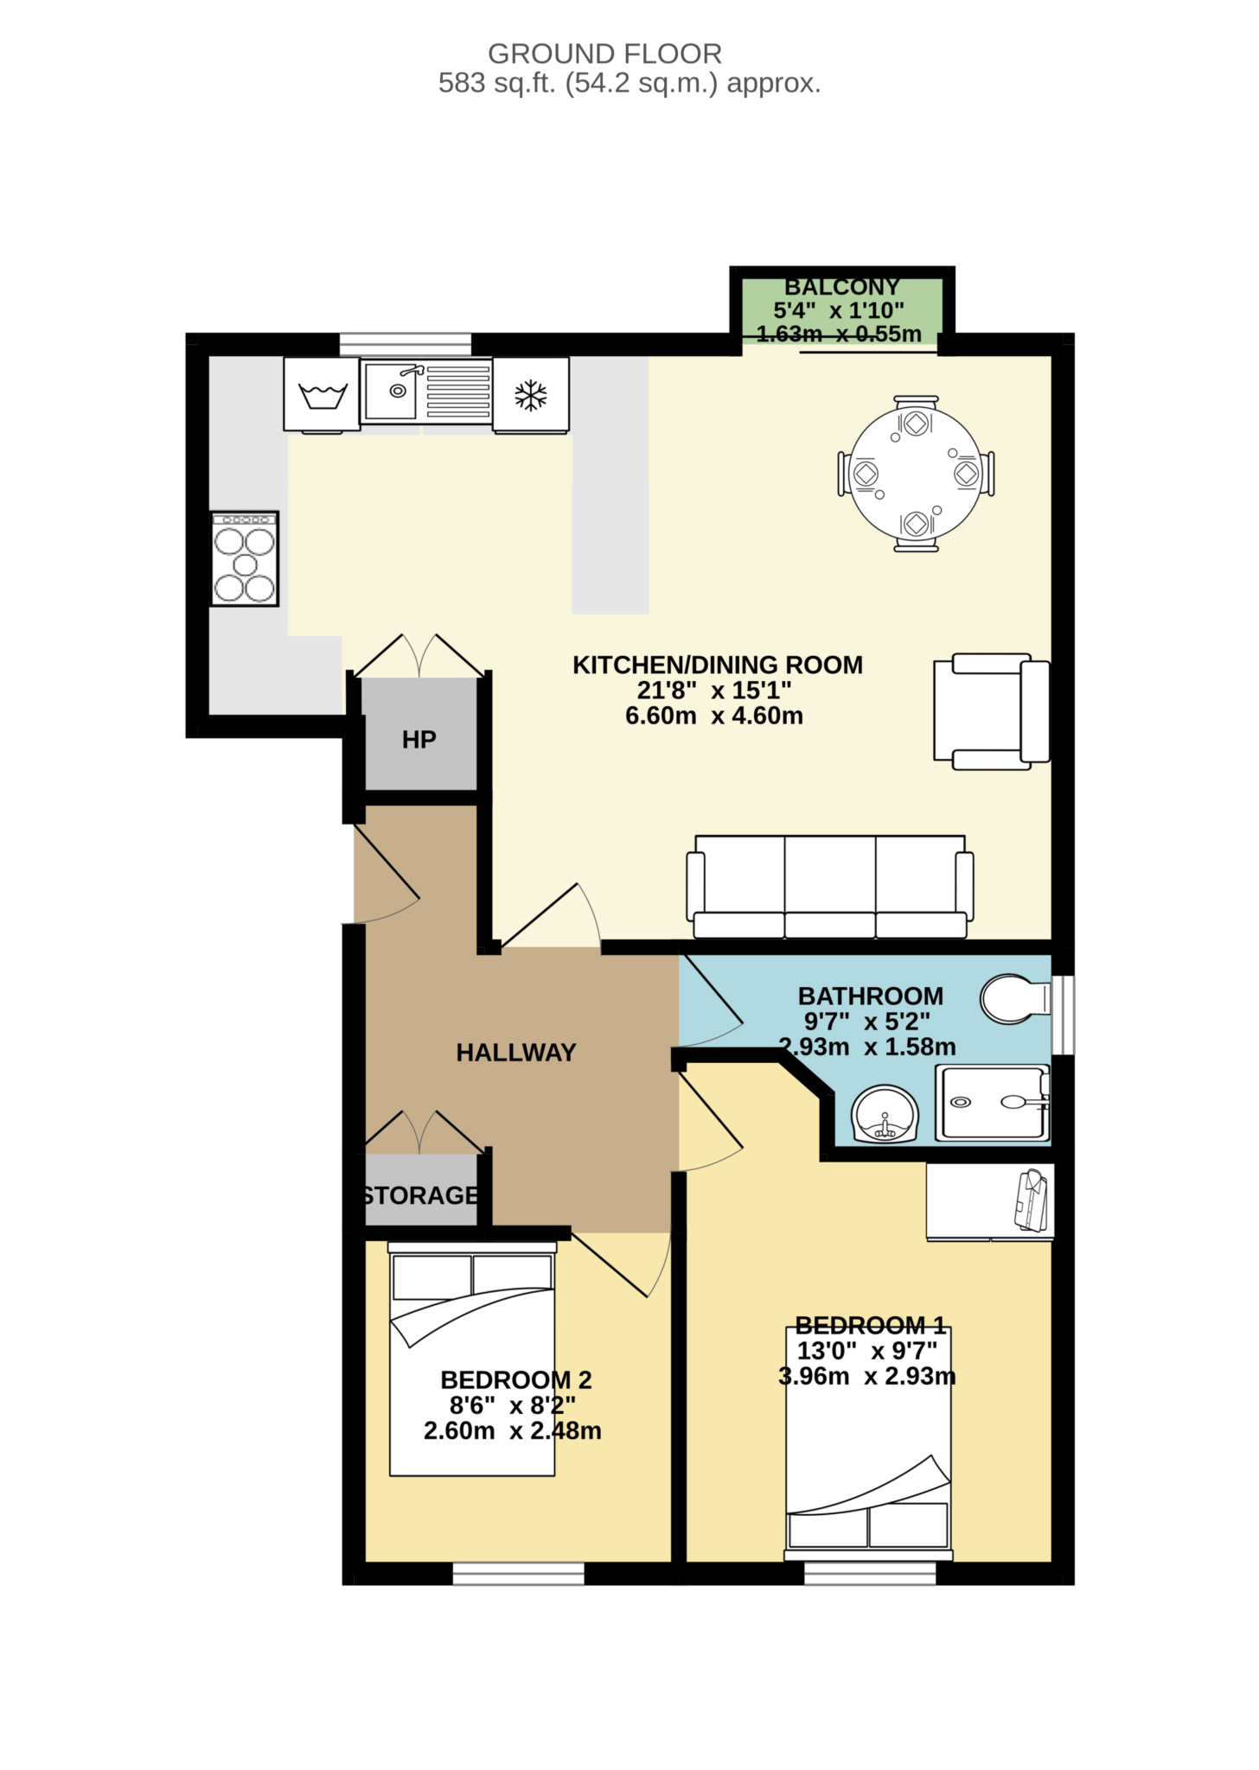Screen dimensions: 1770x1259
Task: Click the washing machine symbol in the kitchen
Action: click(x=323, y=396)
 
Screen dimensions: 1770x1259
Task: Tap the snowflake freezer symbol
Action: click(x=531, y=396)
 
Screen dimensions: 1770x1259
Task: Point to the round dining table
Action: click(x=916, y=474)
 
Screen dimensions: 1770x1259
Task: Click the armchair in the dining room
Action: click(x=992, y=711)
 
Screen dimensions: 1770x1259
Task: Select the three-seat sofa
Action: click(x=830, y=887)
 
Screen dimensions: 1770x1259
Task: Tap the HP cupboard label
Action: click(x=419, y=740)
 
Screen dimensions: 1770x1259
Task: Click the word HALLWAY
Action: click(x=516, y=1053)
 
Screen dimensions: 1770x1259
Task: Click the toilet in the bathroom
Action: click(x=1012, y=999)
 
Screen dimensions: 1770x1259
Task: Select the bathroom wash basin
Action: click(x=885, y=1115)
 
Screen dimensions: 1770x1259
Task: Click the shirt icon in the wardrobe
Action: click(x=1032, y=1200)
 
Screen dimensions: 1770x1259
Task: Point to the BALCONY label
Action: click(x=841, y=287)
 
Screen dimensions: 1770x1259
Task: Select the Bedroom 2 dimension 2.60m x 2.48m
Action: click(x=512, y=1431)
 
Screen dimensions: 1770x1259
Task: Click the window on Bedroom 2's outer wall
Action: click(x=519, y=1574)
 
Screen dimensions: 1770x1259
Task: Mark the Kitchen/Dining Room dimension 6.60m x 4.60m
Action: click(x=714, y=716)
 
